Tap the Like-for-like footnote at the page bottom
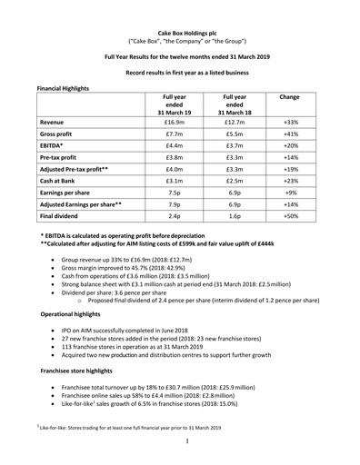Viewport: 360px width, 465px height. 136,427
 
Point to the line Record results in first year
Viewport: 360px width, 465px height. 179,70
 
